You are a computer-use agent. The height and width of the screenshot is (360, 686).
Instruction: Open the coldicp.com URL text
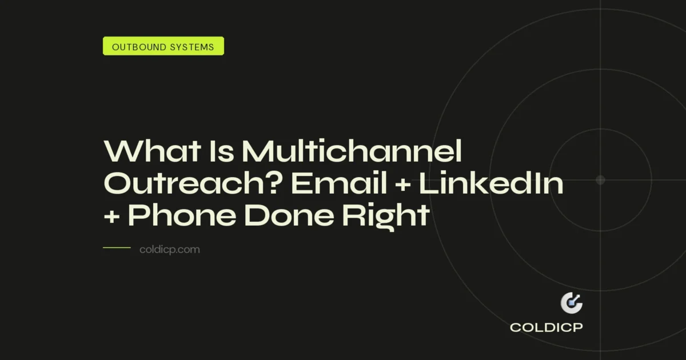[169, 250]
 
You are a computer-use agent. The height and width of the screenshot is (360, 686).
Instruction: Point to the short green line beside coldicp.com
[117, 249]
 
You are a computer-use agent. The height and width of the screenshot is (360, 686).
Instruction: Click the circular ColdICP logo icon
[571, 303]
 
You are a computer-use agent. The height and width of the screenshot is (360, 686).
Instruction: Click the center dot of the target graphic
[600, 180]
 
